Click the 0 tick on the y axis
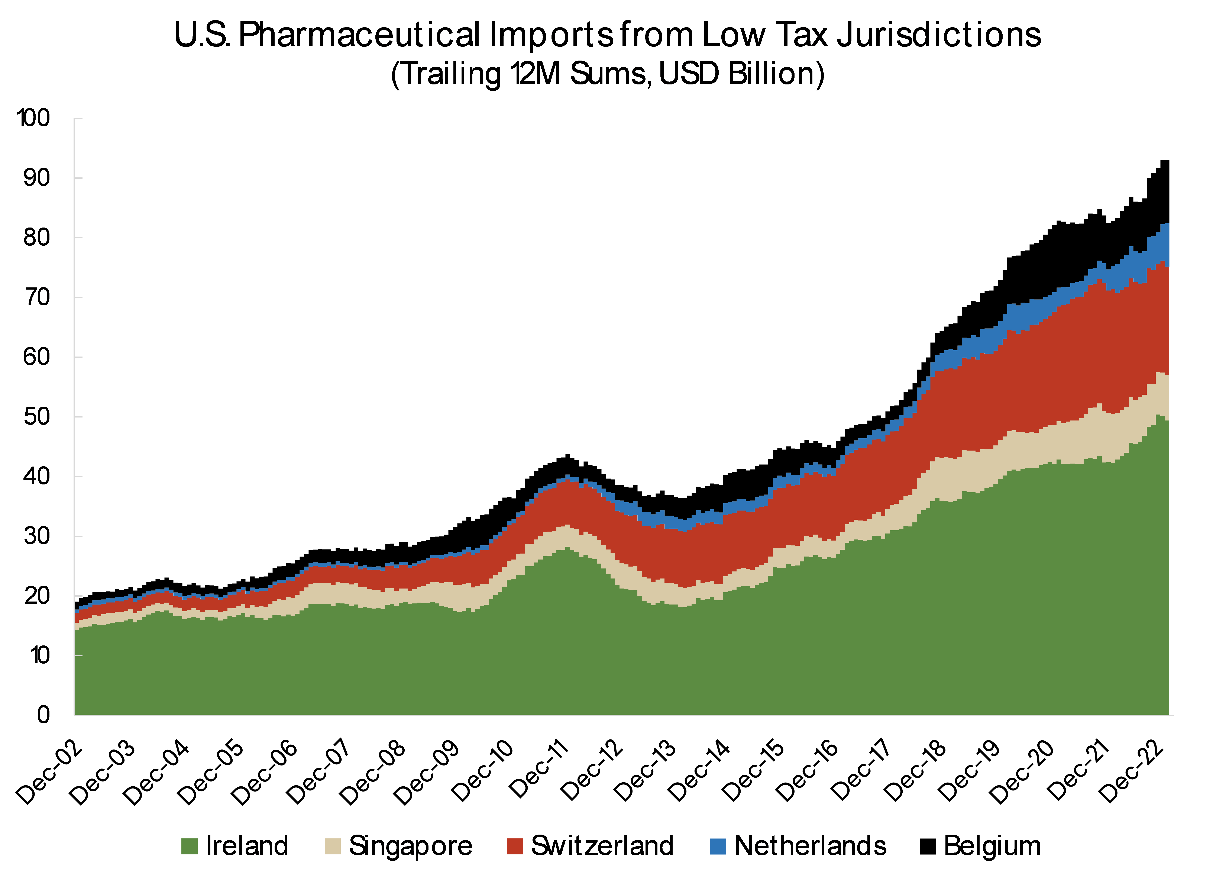[x=44, y=715]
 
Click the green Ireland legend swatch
[x=189, y=846]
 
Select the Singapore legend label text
[x=410, y=846]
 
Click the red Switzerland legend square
[x=514, y=846]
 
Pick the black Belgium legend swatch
[x=927, y=846]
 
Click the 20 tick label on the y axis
[x=36, y=595]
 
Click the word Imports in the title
[x=551, y=35]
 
